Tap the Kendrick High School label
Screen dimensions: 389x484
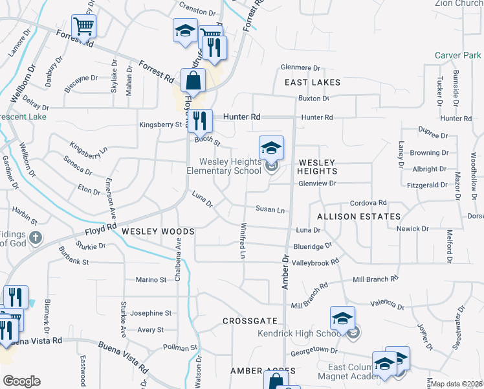(x=294, y=333)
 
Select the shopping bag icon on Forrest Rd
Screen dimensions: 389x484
(x=193, y=82)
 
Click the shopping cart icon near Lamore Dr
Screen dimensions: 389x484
(x=83, y=27)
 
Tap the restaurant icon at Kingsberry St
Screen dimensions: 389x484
(x=200, y=120)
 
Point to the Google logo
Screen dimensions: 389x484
(x=21, y=381)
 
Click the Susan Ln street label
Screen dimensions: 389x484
(x=270, y=210)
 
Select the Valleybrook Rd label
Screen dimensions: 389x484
(x=315, y=263)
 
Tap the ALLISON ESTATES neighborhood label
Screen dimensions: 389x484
(x=358, y=216)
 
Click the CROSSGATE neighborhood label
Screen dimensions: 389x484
(x=250, y=321)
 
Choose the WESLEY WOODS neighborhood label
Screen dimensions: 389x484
(x=158, y=231)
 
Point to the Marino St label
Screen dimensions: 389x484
(x=151, y=279)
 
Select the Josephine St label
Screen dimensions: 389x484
(x=151, y=312)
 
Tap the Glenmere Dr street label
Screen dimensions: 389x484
(x=300, y=67)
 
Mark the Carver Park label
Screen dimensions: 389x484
(x=456, y=56)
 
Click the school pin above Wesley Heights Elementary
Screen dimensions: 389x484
(x=272, y=148)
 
